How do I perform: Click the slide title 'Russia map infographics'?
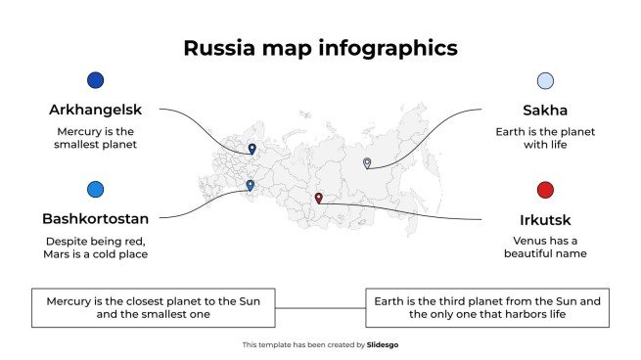point(320,48)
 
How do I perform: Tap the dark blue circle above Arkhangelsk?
point(95,80)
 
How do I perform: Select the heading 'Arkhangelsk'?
point(95,110)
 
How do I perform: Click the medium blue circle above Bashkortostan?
point(95,189)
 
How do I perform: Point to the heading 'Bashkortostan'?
point(95,218)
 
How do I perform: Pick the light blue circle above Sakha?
point(545,80)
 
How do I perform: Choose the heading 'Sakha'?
point(545,110)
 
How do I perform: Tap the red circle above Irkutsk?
point(545,189)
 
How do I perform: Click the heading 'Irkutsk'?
point(545,219)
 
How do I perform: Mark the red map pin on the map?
point(318,198)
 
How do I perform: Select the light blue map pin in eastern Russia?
point(367,162)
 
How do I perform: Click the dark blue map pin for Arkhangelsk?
point(252,149)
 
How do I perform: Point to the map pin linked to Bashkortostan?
point(250,184)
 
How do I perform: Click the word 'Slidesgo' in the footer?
point(383,344)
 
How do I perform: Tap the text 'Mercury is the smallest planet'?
point(95,137)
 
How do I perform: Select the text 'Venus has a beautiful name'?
point(545,247)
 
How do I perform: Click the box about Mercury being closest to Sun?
point(154,308)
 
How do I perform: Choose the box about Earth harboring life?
point(486,308)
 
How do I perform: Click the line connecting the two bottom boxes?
point(320,308)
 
